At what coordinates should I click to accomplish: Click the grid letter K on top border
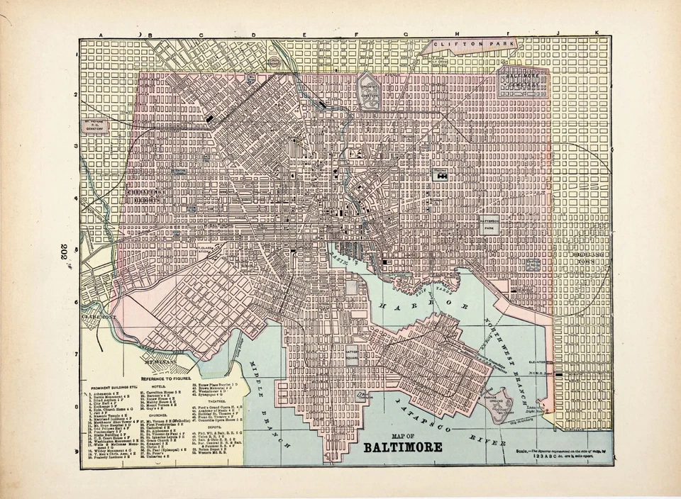597,34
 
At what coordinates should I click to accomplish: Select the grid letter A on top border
101,35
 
